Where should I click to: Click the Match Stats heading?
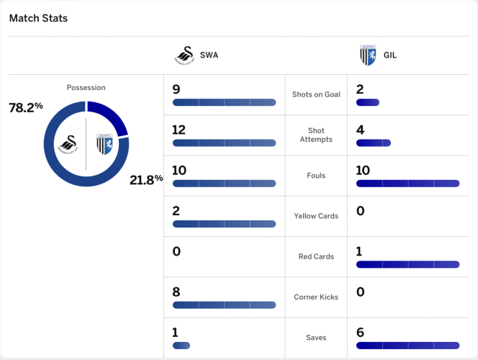pyautogui.click(x=38, y=18)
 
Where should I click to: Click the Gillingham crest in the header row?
pyautogui.click(x=368, y=55)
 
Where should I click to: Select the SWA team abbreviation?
pyautogui.click(x=209, y=55)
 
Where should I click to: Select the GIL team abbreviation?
pyautogui.click(x=390, y=55)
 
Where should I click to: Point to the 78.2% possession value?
pyautogui.click(x=26, y=107)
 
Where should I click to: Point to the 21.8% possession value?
pyautogui.click(x=147, y=179)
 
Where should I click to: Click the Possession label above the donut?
pyautogui.click(x=86, y=88)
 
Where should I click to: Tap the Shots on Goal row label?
pyautogui.click(x=316, y=94)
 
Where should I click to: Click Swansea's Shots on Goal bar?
pyautogui.click(x=224, y=102)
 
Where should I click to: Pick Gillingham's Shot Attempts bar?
pyautogui.click(x=373, y=143)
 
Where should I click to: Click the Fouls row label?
pyautogui.click(x=316, y=175)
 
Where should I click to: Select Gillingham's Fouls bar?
pyautogui.click(x=407, y=184)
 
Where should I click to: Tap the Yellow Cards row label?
pyautogui.click(x=316, y=216)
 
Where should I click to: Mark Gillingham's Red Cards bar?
pyautogui.click(x=407, y=264)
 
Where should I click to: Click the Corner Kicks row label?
pyautogui.click(x=316, y=297)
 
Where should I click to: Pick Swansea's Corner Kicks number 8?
pyautogui.click(x=176, y=292)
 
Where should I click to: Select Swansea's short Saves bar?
pyautogui.click(x=181, y=346)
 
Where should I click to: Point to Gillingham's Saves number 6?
pyautogui.click(x=360, y=332)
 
